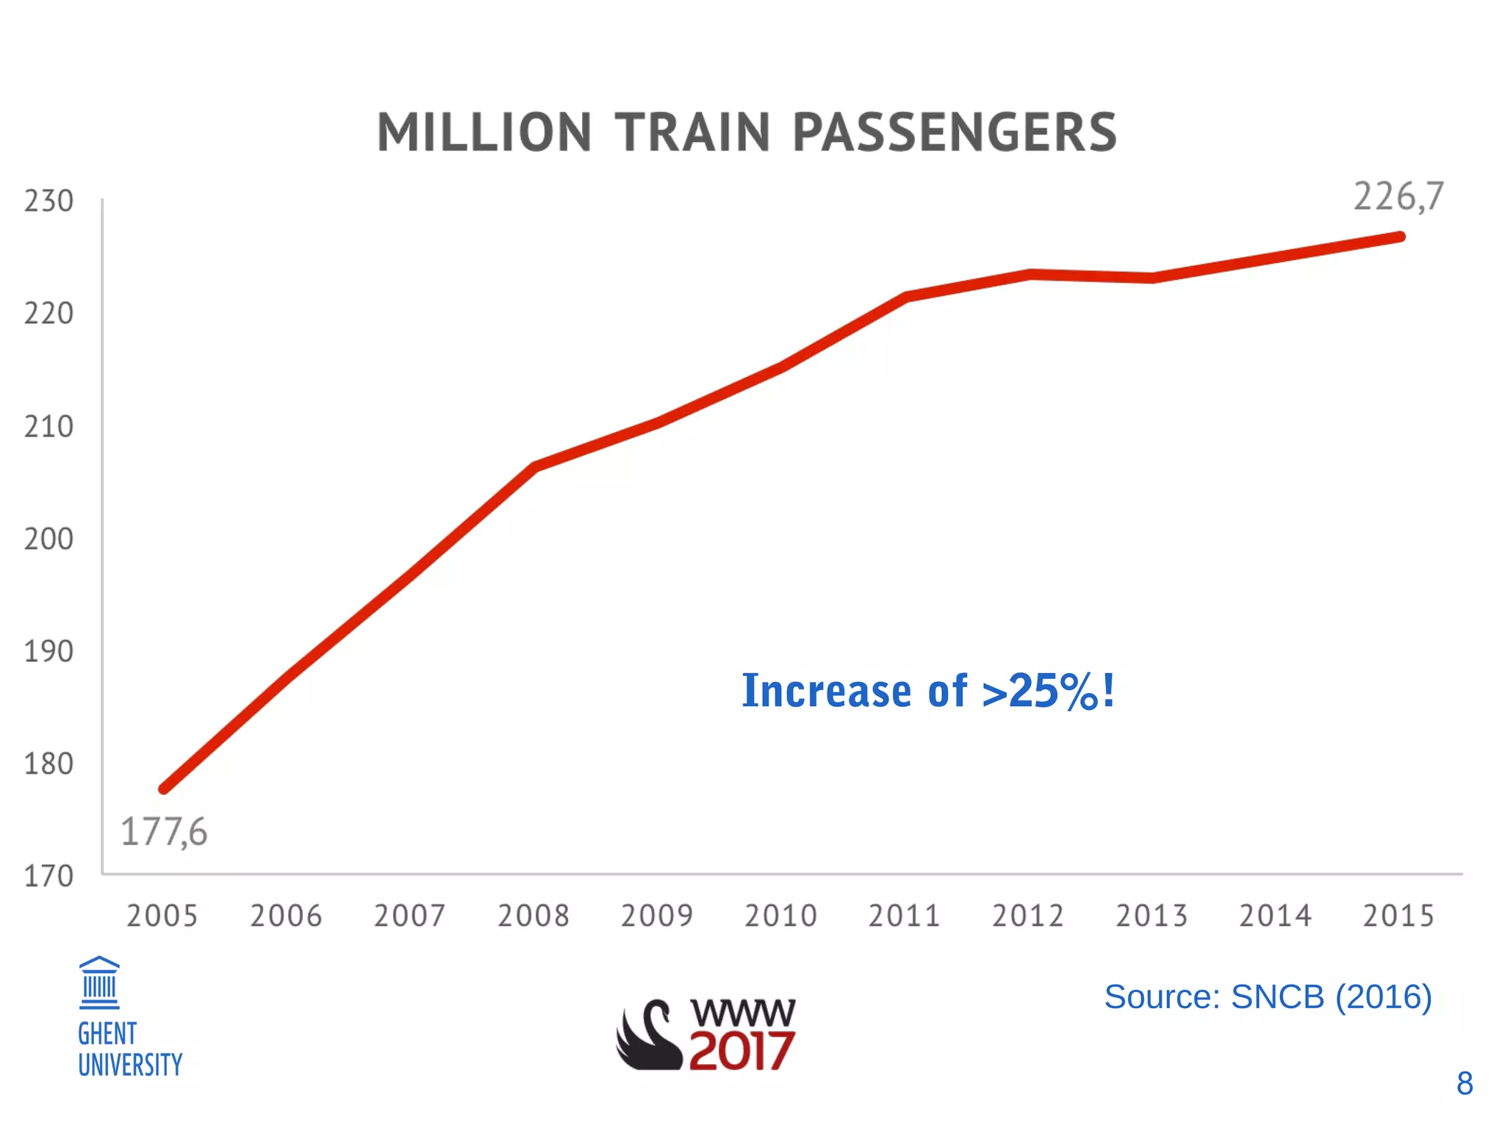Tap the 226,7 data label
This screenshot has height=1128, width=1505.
click(1398, 197)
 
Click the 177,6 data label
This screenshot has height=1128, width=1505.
click(164, 833)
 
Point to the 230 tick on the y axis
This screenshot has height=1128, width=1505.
click(49, 201)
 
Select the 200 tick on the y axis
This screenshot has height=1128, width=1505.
click(49, 539)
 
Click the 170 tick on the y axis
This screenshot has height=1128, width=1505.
click(49, 877)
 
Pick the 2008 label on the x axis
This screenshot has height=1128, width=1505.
click(534, 916)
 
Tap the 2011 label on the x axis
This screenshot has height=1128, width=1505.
click(904, 916)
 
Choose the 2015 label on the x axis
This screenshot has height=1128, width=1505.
click(1398, 916)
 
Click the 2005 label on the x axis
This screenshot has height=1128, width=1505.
click(162, 916)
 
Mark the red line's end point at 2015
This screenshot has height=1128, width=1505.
click(1400, 237)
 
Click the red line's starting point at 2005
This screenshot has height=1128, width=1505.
click(164, 789)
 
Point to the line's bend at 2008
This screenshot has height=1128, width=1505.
click(534, 466)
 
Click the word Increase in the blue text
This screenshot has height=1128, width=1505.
click(827, 691)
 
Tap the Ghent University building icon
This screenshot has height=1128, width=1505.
click(99, 982)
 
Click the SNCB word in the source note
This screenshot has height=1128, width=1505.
click(1277, 997)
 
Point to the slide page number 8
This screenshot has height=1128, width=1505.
click(1464, 1083)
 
